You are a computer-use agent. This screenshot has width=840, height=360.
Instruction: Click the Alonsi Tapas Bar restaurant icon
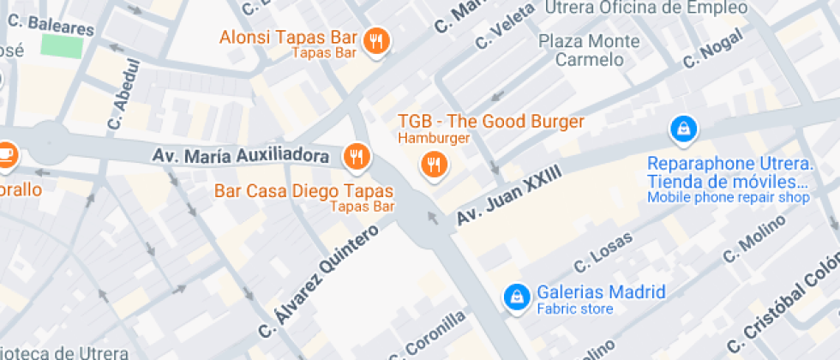pos(375,39)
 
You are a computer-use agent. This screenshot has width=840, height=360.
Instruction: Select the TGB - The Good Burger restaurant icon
pos(435,163)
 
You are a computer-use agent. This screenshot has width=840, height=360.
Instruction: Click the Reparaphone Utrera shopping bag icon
pos(682,129)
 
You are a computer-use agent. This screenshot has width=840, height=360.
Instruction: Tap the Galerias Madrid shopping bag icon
pos(516,296)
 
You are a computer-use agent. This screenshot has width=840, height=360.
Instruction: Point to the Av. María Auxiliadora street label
pos(241,156)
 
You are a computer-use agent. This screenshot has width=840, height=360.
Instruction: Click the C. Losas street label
pos(603,249)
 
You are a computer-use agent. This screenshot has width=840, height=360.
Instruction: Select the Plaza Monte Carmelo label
pos(589,50)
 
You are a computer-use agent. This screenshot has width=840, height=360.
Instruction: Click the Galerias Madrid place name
pos(601,291)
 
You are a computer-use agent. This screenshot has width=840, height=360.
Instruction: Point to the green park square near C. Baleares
pos(62,45)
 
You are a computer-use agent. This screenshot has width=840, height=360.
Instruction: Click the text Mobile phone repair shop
pos(728,198)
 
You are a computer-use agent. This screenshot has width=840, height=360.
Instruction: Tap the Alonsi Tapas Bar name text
pos(287,37)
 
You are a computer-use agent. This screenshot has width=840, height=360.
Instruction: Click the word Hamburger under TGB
pos(433,138)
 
